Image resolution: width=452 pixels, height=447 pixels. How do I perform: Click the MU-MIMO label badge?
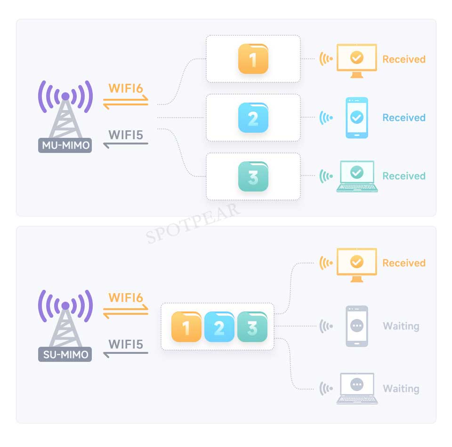click(65, 145)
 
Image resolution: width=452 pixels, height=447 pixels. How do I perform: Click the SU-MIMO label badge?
click(65, 354)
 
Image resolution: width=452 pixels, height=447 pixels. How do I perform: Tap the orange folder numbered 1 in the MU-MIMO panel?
click(253, 59)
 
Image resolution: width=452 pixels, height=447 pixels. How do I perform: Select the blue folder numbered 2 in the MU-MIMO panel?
click(253, 118)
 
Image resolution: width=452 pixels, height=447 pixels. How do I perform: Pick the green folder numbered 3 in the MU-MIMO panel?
click(253, 176)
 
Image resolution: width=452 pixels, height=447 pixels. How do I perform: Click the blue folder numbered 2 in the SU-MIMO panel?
click(219, 327)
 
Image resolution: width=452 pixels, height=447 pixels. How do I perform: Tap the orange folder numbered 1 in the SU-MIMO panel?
click(186, 327)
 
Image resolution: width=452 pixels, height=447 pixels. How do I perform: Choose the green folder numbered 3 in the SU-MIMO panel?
click(252, 327)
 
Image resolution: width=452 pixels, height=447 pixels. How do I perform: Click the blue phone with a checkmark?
click(356, 118)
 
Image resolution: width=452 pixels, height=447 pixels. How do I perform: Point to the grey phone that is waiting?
click(356, 326)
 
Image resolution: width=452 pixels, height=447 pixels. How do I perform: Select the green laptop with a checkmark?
click(357, 176)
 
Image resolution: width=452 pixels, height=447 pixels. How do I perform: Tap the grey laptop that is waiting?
click(357, 388)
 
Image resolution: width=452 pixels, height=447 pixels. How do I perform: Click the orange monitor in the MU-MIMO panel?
click(356, 61)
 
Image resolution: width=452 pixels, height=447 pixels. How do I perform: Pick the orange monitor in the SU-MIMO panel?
click(356, 265)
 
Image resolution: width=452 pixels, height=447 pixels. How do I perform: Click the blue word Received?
click(404, 118)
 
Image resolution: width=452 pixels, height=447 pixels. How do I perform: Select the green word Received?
click(404, 176)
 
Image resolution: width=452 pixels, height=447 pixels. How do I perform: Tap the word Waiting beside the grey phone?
click(401, 327)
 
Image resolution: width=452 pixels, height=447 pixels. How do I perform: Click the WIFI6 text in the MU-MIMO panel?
click(126, 88)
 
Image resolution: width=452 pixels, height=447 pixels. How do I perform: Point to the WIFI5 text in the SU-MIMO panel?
click(126, 344)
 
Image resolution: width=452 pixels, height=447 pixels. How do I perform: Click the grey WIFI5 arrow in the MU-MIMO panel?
click(126, 144)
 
